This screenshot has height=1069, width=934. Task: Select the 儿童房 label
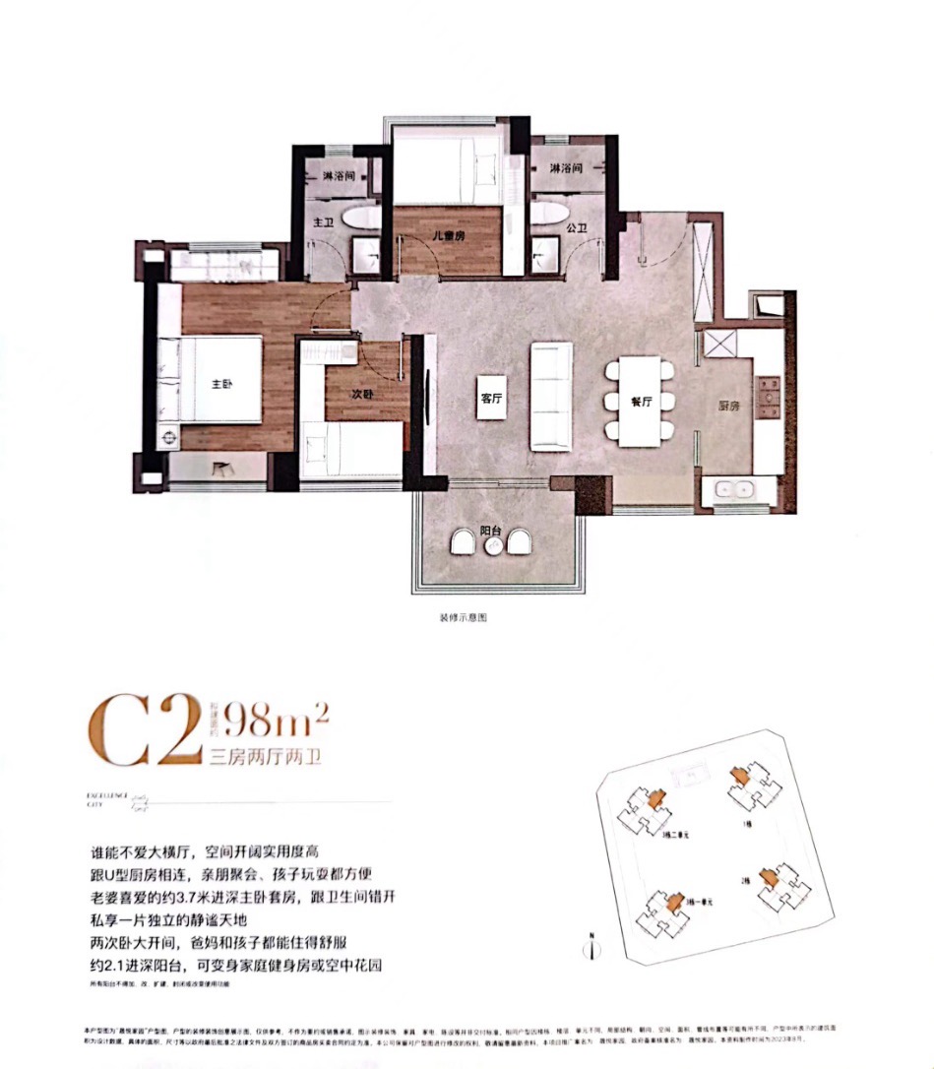447,236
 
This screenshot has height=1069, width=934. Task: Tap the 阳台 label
490,532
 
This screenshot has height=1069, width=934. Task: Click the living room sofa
551,396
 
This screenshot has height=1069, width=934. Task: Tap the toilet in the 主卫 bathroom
362,217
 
